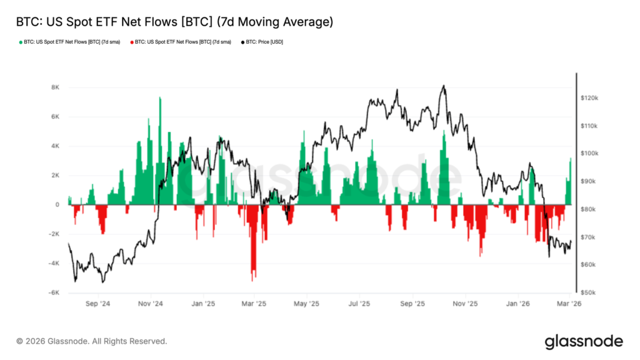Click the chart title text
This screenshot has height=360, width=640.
174,22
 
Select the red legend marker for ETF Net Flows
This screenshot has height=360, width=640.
132,42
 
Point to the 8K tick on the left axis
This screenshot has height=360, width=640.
55,87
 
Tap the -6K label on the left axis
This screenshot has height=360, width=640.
55,292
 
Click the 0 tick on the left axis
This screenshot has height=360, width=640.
57,204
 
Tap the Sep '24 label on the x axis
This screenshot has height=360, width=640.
97,304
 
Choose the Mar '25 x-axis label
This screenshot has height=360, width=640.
254,304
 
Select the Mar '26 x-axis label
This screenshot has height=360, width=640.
569,304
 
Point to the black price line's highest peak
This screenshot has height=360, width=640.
443,86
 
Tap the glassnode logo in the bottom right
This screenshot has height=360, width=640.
584,341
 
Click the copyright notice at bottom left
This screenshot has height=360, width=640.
92,341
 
